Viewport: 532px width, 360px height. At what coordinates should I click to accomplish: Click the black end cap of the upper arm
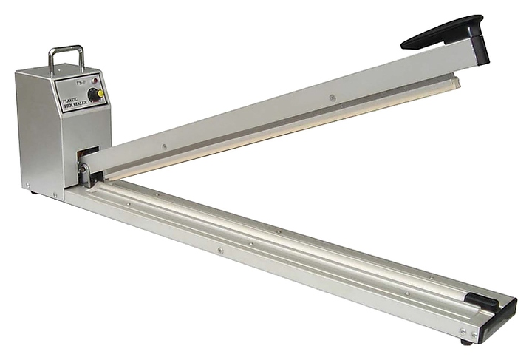tap(480, 51)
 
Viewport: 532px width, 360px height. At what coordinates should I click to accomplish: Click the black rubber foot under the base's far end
tap(466, 342)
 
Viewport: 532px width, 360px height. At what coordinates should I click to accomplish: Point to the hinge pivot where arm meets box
tap(86, 174)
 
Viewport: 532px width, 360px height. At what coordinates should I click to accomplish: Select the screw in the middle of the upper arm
tap(332, 98)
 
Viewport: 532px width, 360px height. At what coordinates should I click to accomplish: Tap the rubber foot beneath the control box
tap(35, 192)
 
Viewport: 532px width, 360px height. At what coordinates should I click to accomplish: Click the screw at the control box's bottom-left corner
tap(28, 185)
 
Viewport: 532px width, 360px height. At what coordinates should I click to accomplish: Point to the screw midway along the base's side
tap(220, 251)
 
